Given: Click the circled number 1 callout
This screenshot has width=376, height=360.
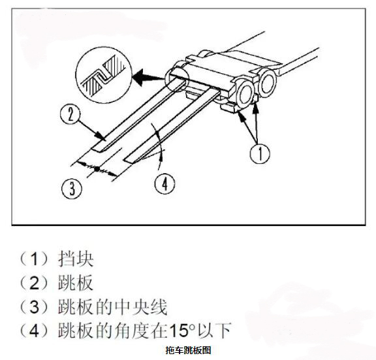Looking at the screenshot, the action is click(x=260, y=154).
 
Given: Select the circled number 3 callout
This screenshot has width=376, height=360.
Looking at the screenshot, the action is click(x=72, y=188).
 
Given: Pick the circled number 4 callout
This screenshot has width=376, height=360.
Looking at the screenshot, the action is click(x=164, y=184).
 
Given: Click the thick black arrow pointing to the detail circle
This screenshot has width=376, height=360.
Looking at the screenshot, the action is click(x=148, y=77).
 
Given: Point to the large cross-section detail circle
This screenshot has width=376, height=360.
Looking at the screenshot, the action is click(x=104, y=75).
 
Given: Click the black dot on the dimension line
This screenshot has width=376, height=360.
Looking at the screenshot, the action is click(x=97, y=169).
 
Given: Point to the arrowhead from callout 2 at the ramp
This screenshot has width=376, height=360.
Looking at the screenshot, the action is click(x=101, y=136).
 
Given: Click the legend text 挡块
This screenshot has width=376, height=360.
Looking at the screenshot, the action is click(x=76, y=259).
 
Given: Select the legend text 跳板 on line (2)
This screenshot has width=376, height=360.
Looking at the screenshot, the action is click(x=76, y=283).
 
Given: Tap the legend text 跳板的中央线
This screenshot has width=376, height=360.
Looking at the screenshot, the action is click(x=112, y=306).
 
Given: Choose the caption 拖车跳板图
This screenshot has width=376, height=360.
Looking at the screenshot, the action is click(x=188, y=350).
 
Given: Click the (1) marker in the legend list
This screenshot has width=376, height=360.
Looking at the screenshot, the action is click(x=35, y=259).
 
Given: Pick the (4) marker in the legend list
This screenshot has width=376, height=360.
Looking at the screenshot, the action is click(x=35, y=331).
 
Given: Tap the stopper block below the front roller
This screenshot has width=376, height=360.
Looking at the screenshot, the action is click(x=230, y=107).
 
